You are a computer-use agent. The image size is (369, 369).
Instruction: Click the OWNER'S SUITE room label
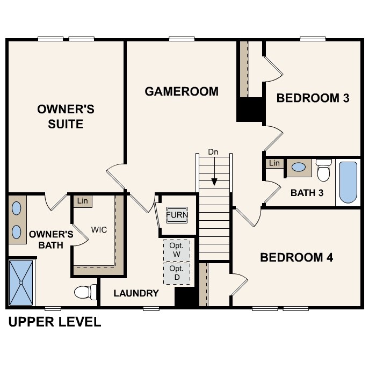coord(66,117)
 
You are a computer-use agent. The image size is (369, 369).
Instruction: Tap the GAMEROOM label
coord(182,91)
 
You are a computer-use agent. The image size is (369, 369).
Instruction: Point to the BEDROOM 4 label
coord(296,258)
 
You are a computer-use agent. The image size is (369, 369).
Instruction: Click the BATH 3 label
coord(307,192)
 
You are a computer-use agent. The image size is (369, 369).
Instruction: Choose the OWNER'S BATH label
coord(51,240)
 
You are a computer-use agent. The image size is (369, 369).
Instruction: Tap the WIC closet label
coord(99,230)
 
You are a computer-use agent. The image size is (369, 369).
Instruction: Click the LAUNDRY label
coord(136,293)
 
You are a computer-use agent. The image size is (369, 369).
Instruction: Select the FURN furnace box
coord(177,215)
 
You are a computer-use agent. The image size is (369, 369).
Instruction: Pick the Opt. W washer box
coord(176,249)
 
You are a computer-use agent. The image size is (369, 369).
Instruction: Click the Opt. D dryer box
coord(176,272)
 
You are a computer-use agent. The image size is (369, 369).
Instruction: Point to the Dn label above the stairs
coord(214,153)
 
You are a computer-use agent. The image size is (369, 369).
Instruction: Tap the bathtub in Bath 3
coord(348,183)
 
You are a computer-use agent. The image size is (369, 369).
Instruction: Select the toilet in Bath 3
coord(324,170)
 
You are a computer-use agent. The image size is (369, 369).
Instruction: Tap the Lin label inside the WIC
coord(82,201)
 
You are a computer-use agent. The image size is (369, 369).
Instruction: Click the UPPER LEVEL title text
coord(54,322)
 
